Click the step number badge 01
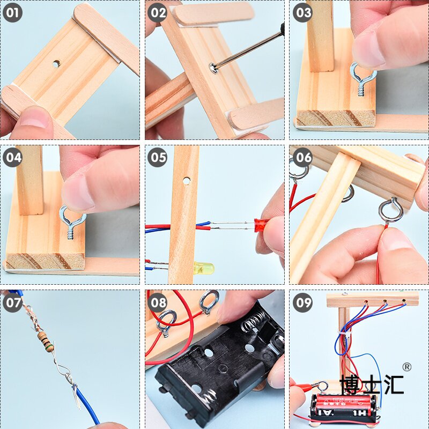click(12, 12)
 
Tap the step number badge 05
click(157, 157)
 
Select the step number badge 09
click(302, 302)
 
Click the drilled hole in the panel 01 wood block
click(56, 64)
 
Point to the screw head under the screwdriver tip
click(213, 68)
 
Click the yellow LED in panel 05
click(204, 267)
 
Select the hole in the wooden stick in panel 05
click(186, 181)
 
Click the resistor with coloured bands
click(46, 341)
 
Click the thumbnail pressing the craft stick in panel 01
click(35, 118)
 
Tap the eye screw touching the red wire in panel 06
click(391, 210)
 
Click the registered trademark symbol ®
click(406, 367)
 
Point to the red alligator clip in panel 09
click(305, 387)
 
